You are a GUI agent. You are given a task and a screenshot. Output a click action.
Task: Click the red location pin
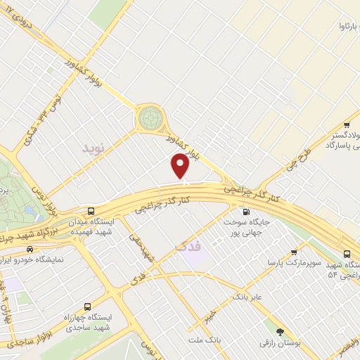click(181, 166)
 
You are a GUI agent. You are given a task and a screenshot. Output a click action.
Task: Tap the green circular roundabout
click(149, 117)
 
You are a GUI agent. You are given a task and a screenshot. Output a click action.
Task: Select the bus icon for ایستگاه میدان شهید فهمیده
click(91, 210)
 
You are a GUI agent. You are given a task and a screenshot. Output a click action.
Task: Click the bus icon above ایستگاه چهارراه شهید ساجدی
click(87, 307)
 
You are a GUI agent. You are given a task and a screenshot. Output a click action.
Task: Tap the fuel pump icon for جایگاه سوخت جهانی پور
click(245, 212)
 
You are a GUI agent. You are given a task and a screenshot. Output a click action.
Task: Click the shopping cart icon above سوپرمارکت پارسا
click(294, 252)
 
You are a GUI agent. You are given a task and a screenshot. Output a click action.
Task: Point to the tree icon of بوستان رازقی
click(281, 331)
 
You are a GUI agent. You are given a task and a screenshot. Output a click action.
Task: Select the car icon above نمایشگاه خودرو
click(30, 248)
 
